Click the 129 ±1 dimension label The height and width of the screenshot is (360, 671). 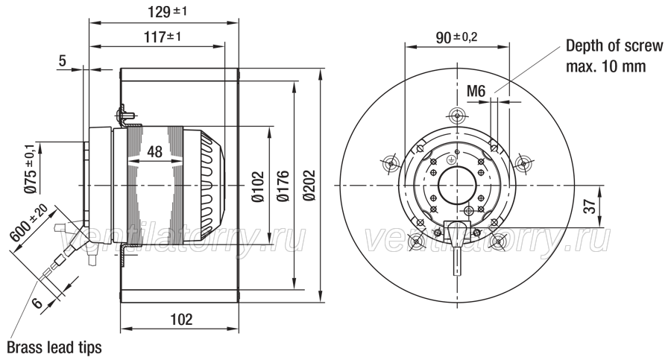167,11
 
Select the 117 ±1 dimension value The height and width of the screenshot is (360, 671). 163,37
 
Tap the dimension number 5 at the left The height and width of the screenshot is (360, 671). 63,61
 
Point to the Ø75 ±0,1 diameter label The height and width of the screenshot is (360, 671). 30,168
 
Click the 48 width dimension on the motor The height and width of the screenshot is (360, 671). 155,151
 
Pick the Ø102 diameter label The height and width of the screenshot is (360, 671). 258,186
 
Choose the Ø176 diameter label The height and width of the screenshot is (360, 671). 283,186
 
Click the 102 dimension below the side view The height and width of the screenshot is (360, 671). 181,319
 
